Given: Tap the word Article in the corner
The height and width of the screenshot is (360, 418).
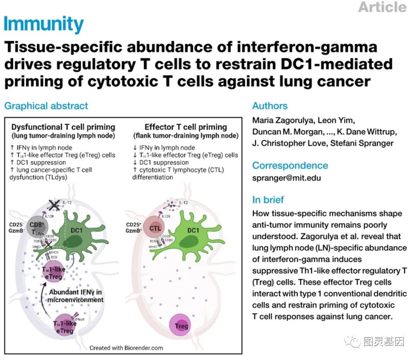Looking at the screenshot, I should point(382,7).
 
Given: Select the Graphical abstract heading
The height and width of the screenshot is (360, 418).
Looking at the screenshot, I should point(46,106).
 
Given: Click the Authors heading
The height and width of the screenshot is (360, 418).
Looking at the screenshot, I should point(270,106).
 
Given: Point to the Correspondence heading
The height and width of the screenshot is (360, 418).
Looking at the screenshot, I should point(290,165).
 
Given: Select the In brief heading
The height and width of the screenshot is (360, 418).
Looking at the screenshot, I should point(268,200).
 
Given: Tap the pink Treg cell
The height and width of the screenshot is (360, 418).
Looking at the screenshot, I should point(181,326).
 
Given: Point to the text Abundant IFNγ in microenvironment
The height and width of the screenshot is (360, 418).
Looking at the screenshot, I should point(76,295).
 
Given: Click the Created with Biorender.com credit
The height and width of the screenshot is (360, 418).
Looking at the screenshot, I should point(126,348).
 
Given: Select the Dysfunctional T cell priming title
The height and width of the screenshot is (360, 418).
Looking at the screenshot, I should point(63,127).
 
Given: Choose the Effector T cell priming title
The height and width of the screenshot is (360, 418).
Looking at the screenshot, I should point(185,127).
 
